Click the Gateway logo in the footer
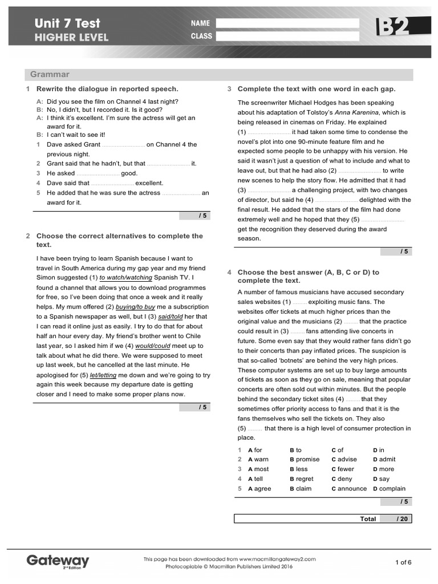(58, 561)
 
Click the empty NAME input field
(287, 23)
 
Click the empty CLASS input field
(287, 36)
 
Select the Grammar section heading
(50, 75)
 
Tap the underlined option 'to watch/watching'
(125, 278)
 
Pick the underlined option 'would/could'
(152, 346)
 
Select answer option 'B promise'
(305, 459)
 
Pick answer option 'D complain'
(389, 489)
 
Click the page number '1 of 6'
(403, 562)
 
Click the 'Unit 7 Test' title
(67, 23)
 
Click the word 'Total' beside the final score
(368, 519)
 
